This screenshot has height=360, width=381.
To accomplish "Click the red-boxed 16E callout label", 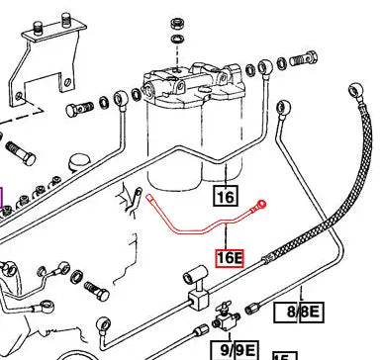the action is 230,258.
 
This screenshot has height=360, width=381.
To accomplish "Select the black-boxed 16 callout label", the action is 226,197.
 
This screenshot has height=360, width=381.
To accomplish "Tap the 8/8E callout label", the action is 299,313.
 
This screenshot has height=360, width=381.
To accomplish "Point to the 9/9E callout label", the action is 234,350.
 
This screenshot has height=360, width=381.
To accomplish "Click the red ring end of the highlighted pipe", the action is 261,205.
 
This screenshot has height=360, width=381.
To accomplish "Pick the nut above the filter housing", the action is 177,24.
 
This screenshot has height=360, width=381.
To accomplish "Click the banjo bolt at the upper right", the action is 304,59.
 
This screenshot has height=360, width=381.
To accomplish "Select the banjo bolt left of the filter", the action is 79,109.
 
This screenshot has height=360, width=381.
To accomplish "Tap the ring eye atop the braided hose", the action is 356,90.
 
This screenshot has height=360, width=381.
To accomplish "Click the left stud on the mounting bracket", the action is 39,28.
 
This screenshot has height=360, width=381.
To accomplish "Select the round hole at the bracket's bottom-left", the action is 19,96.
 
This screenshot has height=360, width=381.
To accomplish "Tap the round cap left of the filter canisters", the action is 79,161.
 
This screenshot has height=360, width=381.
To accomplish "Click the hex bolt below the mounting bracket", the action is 21,153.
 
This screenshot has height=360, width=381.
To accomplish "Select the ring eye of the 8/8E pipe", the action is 283,107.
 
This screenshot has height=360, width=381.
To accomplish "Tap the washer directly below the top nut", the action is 177,39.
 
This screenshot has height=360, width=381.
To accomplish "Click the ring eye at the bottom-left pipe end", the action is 104,324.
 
